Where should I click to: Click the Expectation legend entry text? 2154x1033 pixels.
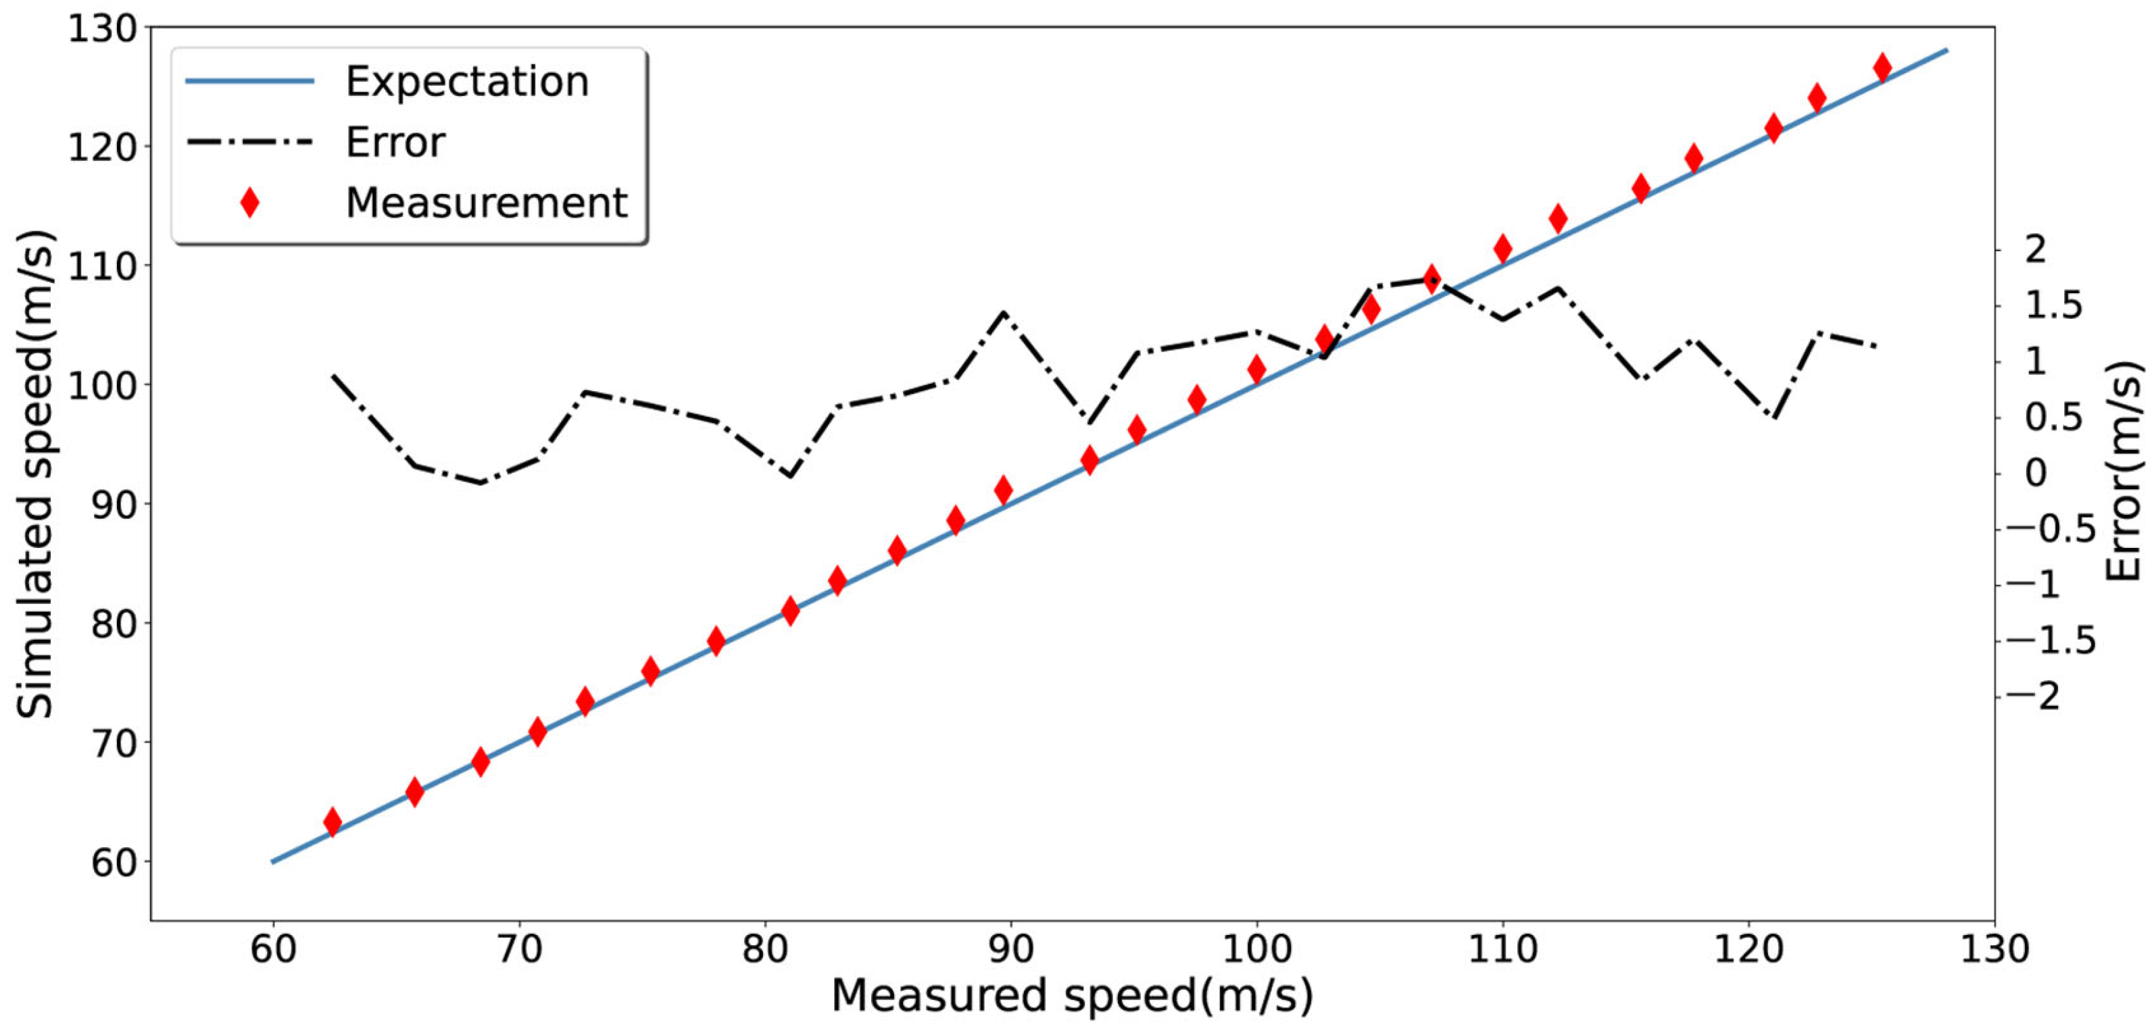(466, 82)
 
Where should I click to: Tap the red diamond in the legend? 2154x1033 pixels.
(249, 202)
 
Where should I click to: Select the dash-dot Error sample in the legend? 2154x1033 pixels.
(249, 142)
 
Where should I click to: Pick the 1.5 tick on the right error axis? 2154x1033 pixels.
(2053, 305)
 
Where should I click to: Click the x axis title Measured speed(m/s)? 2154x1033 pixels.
(1072, 995)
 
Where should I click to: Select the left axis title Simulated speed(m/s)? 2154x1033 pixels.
(36, 473)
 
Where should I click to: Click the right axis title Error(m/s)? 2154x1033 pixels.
(2124, 473)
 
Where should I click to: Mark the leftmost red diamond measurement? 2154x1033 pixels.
(332, 822)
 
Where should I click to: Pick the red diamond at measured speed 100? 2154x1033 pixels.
(1256, 369)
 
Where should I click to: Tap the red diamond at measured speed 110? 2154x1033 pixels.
(1502, 248)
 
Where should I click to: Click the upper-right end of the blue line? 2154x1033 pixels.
(1947, 51)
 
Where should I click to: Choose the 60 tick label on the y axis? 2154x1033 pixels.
(113, 861)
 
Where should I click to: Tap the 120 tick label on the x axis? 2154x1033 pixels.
(1748, 949)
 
